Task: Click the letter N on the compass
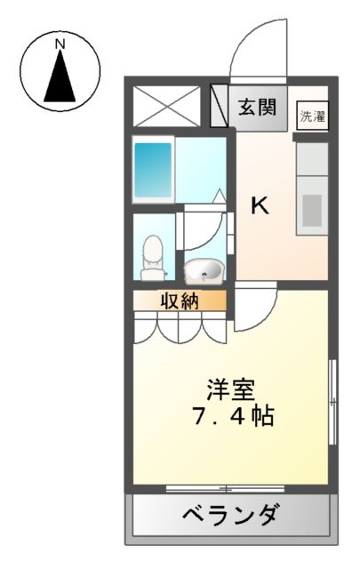pos(60,43)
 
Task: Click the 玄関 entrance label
pos(257,108)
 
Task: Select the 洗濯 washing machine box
pos(312,116)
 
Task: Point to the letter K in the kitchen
pos(260,206)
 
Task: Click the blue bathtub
pos(153,170)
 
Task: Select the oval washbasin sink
pos(204,268)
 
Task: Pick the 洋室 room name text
pos(232,389)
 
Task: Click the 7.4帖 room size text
pos(232,415)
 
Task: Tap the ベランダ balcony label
pos(233,514)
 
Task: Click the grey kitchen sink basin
pos(312,211)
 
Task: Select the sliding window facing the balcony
pos(226,488)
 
